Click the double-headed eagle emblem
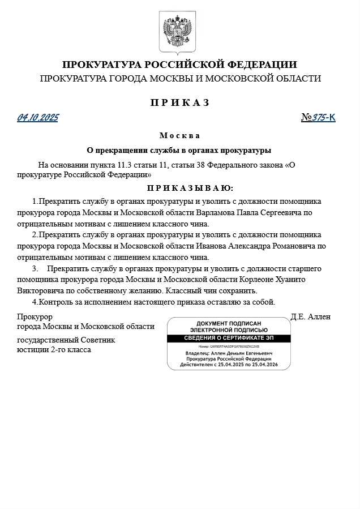[x=179, y=33]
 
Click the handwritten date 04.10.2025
[x=37, y=118]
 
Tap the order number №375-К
[x=318, y=118]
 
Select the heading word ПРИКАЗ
[x=179, y=102]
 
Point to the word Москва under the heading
[x=179, y=136]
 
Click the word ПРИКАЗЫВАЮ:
[x=190, y=188]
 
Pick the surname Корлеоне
[x=259, y=280]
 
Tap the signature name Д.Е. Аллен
[x=310, y=317]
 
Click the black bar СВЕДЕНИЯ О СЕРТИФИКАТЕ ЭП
[x=229, y=339]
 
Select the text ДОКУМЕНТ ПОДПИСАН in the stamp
[x=229, y=323]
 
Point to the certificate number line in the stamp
[x=229, y=346]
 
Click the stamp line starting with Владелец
[x=229, y=353]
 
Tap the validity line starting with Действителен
[x=229, y=365]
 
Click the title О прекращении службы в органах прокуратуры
[x=179, y=151]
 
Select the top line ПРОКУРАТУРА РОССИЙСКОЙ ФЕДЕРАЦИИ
[x=179, y=65]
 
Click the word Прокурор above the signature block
[x=35, y=317]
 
